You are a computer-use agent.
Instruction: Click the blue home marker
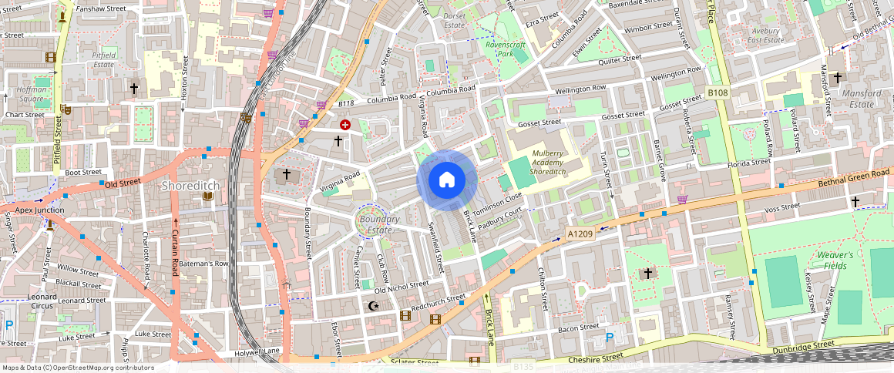tap(447, 180)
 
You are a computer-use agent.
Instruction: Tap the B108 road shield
tap(718, 92)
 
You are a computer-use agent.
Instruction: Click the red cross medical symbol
tap(344, 124)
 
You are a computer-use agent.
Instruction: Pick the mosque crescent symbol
tap(375, 306)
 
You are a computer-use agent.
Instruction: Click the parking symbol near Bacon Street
tap(610, 337)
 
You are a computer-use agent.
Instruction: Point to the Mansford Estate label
tap(862, 99)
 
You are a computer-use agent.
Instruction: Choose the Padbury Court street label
tap(501, 218)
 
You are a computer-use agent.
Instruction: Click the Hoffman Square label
tap(32, 95)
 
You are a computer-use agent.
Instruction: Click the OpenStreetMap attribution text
tap(77, 368)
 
